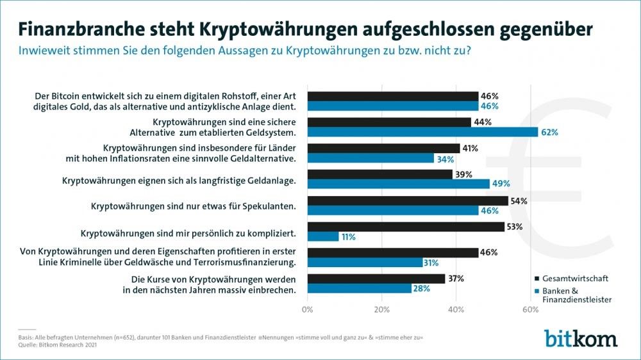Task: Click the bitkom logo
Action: pyautogui.click(x=581, y=338)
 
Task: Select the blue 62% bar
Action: pyautogui.click(x=423, y=132)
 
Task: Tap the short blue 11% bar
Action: pyautogui.click(x=324, y=236)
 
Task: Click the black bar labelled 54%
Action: pyautogui.click(x=408, y=200)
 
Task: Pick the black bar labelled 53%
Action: pyautogui.click(x=406, y=226)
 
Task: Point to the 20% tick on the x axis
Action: pyautogui.click(x=382, y=310)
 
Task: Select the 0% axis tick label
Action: pyautogui.click(x=308, y=310)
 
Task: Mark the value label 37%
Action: pyautogui.click(x=456, y=278)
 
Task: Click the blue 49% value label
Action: pyautogui.click(x=501, y=184)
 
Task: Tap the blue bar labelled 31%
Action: pyautogui.click(x=365, y=263)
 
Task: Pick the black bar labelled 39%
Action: pyautogui.click(x=380, y=174)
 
